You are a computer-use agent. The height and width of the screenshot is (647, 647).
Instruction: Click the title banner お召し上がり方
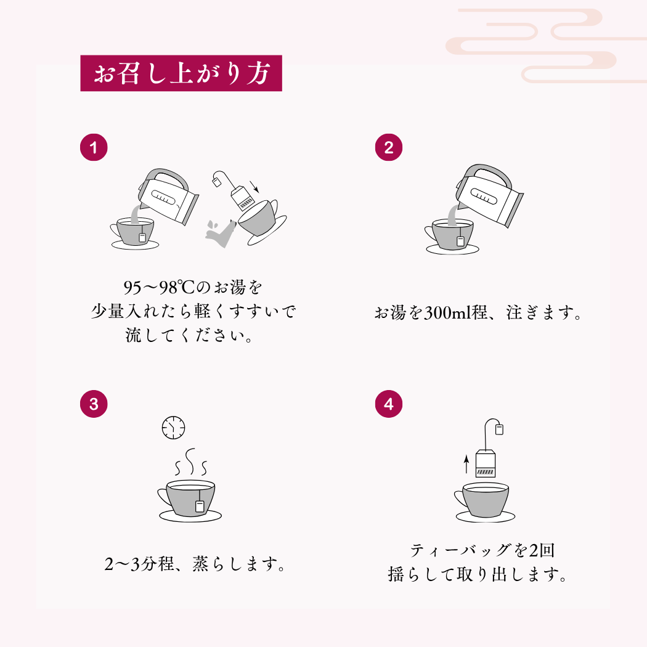click(x=181, y=73)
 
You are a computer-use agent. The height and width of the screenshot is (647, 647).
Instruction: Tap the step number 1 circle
click(x=94, y=147)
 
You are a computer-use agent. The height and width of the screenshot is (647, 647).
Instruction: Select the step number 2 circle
click(x=389, y=147)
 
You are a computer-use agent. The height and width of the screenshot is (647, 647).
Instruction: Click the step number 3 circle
click(x=94, y=404)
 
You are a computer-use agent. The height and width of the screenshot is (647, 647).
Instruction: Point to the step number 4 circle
click(x=389, y=404)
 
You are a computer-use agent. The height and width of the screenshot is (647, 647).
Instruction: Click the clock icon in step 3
click(x=173, y=428)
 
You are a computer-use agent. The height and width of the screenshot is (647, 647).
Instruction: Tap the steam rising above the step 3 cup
click(x=190, y=462)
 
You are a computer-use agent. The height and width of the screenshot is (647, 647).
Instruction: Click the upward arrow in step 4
click(x=466, y=464)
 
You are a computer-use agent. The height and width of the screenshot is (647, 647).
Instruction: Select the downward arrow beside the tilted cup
click(x=254, y=187)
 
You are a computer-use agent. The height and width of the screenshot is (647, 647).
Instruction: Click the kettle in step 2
click(x=489, y=195)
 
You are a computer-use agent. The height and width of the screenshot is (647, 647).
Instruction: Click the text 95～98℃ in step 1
click(x=159, y=287)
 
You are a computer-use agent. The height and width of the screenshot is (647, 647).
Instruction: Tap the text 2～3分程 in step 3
click(x=139, y=564)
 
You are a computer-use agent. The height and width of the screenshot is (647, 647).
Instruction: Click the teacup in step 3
click(x=190, y=500)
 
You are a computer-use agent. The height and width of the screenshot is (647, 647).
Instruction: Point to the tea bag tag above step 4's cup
click(x=499, y=429)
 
